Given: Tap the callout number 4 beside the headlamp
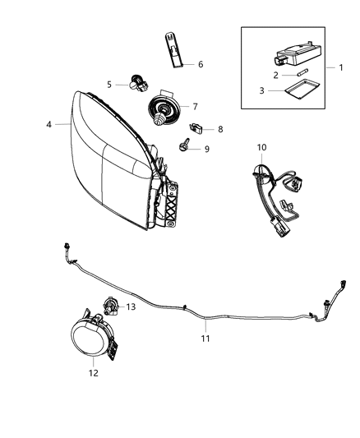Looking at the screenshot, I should click(48, 125).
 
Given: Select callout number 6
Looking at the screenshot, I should click(200, 63).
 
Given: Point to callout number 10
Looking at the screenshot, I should click(261, 147).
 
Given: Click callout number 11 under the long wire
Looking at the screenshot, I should click(206, 338).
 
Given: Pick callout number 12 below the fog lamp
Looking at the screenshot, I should click(93, 372).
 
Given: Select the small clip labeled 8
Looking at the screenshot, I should click(196, 128).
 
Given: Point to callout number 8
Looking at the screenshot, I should click(219, 129).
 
